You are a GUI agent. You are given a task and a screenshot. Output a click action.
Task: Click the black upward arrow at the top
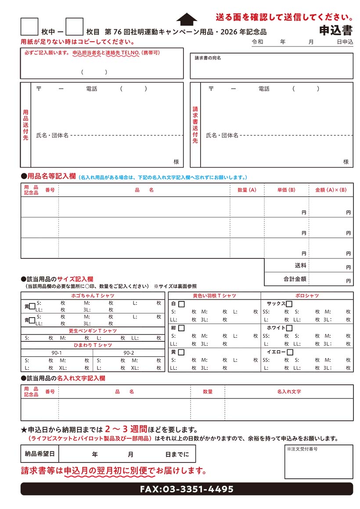187,19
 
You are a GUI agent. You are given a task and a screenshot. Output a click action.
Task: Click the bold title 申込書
336,30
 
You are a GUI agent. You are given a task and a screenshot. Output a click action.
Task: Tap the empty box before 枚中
29,27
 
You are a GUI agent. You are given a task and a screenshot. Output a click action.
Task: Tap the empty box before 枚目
74,27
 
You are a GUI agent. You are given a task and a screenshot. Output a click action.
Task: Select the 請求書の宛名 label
208,58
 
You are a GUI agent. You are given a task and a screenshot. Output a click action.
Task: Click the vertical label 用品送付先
25,125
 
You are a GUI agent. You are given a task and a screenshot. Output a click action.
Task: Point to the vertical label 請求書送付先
195,125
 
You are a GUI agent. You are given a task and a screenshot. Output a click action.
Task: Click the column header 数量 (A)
247,190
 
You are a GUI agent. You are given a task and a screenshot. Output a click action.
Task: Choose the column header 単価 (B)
286,190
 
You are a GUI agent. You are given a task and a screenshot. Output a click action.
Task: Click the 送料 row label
301,265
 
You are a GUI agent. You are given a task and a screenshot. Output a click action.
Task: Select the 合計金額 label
295,279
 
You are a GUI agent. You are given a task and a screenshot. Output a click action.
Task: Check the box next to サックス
289,304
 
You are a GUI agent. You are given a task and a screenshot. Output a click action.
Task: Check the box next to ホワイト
289,328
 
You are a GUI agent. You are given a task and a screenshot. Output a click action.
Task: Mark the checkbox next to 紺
181,328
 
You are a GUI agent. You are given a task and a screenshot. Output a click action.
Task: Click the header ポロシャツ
307,296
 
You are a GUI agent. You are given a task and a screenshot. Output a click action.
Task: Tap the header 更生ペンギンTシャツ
93,330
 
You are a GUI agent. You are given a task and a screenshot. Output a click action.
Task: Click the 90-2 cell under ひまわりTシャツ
129,353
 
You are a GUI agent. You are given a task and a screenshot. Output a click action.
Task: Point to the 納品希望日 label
40,454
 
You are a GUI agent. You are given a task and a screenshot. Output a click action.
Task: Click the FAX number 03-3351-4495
187,489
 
